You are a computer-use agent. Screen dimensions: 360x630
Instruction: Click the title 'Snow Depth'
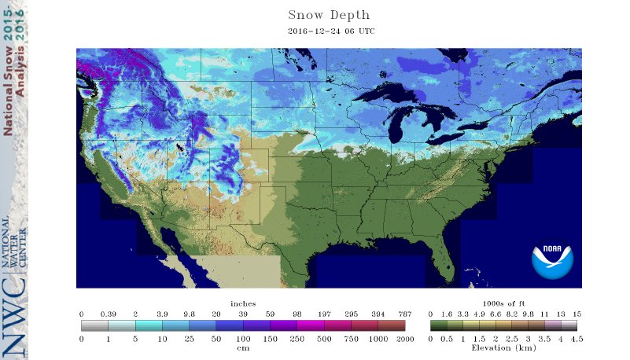click(328, 15)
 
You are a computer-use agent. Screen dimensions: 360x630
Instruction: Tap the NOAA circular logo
click(552, 260)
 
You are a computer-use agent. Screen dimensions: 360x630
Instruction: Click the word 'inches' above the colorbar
click(243, 303)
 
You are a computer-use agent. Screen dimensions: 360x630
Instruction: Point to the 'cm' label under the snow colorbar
click(243, 347)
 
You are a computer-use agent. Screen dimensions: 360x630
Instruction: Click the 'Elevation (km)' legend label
click(503, 347)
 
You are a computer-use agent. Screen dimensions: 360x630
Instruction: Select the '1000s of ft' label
click(503, 303)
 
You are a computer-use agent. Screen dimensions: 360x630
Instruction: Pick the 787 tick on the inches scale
click(404, 314)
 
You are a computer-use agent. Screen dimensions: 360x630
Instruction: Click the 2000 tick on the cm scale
click(404, 338)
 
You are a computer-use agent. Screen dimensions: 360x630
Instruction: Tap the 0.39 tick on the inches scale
click(108, 314)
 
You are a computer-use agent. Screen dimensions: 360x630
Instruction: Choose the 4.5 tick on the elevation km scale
click(577, 338)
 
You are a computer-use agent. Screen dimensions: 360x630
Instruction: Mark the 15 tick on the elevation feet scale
click(577, 314)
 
